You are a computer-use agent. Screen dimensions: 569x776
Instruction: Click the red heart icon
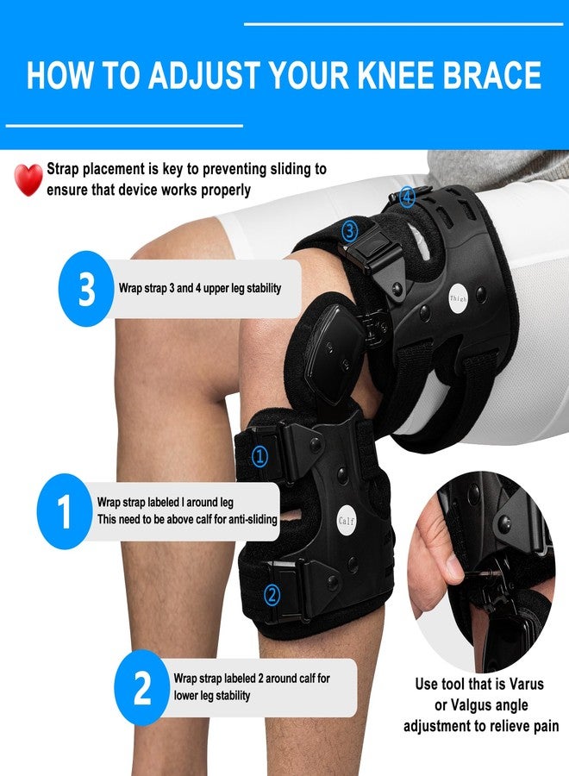28,179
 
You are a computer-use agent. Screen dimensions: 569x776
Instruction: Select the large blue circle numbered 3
86,289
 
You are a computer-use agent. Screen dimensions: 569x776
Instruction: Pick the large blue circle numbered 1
65,511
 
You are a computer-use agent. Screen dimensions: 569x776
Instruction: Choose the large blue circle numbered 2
142,687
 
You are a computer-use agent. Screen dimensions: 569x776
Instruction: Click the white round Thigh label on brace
458,298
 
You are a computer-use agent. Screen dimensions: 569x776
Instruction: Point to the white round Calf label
347,521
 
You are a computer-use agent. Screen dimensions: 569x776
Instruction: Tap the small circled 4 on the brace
407,197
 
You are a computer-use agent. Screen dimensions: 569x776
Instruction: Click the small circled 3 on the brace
350,230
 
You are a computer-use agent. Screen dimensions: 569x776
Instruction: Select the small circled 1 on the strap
260,456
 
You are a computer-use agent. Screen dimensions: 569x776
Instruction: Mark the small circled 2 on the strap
272,594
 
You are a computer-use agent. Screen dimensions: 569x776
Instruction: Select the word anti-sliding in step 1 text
253,519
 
